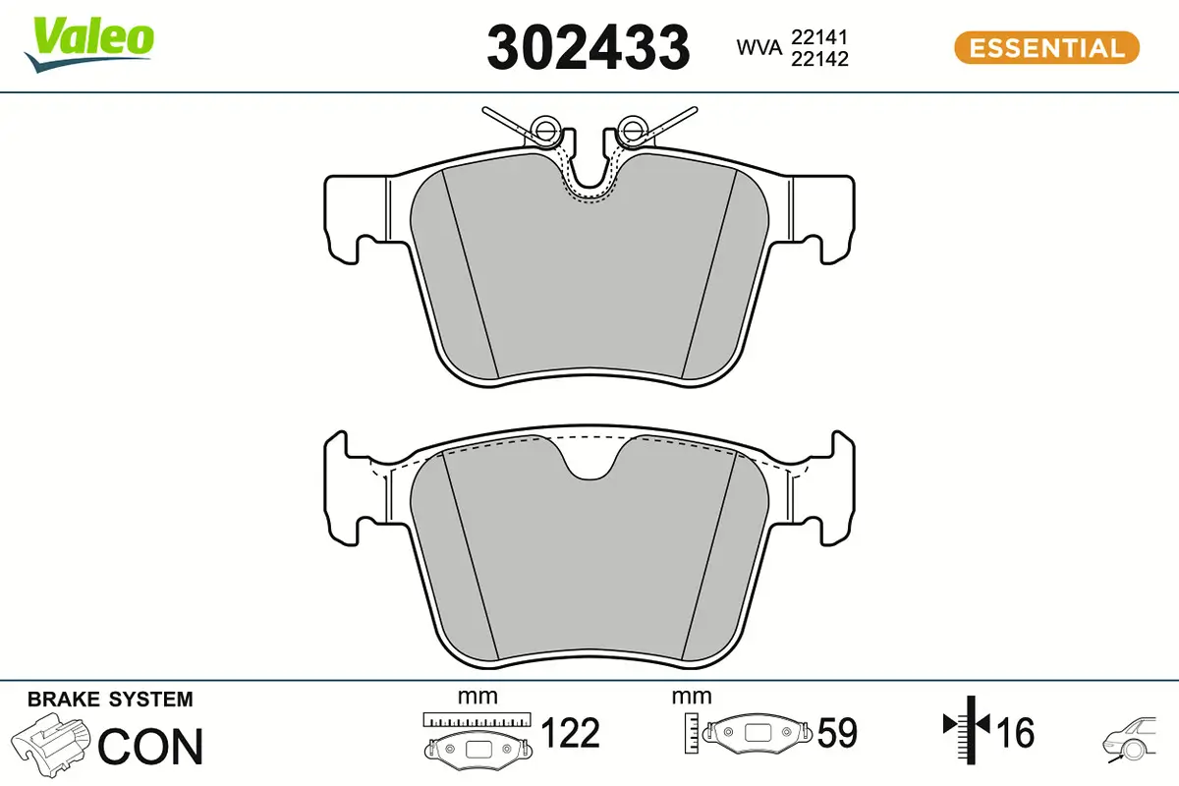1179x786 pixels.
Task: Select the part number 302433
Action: click(x=588, y=47)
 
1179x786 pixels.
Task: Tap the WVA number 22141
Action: click(x=819, y=37)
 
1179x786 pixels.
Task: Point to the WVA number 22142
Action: click(x=819, y=59)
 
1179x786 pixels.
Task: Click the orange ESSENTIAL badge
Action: click(x=1045, y=47)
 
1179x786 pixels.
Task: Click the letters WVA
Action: click(x=757, y=47)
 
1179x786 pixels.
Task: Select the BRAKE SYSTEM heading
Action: click(x=110, y=700)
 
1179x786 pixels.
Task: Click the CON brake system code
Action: click(x=151, y=747)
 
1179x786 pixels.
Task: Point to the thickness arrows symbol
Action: click(x=968, y=727)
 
